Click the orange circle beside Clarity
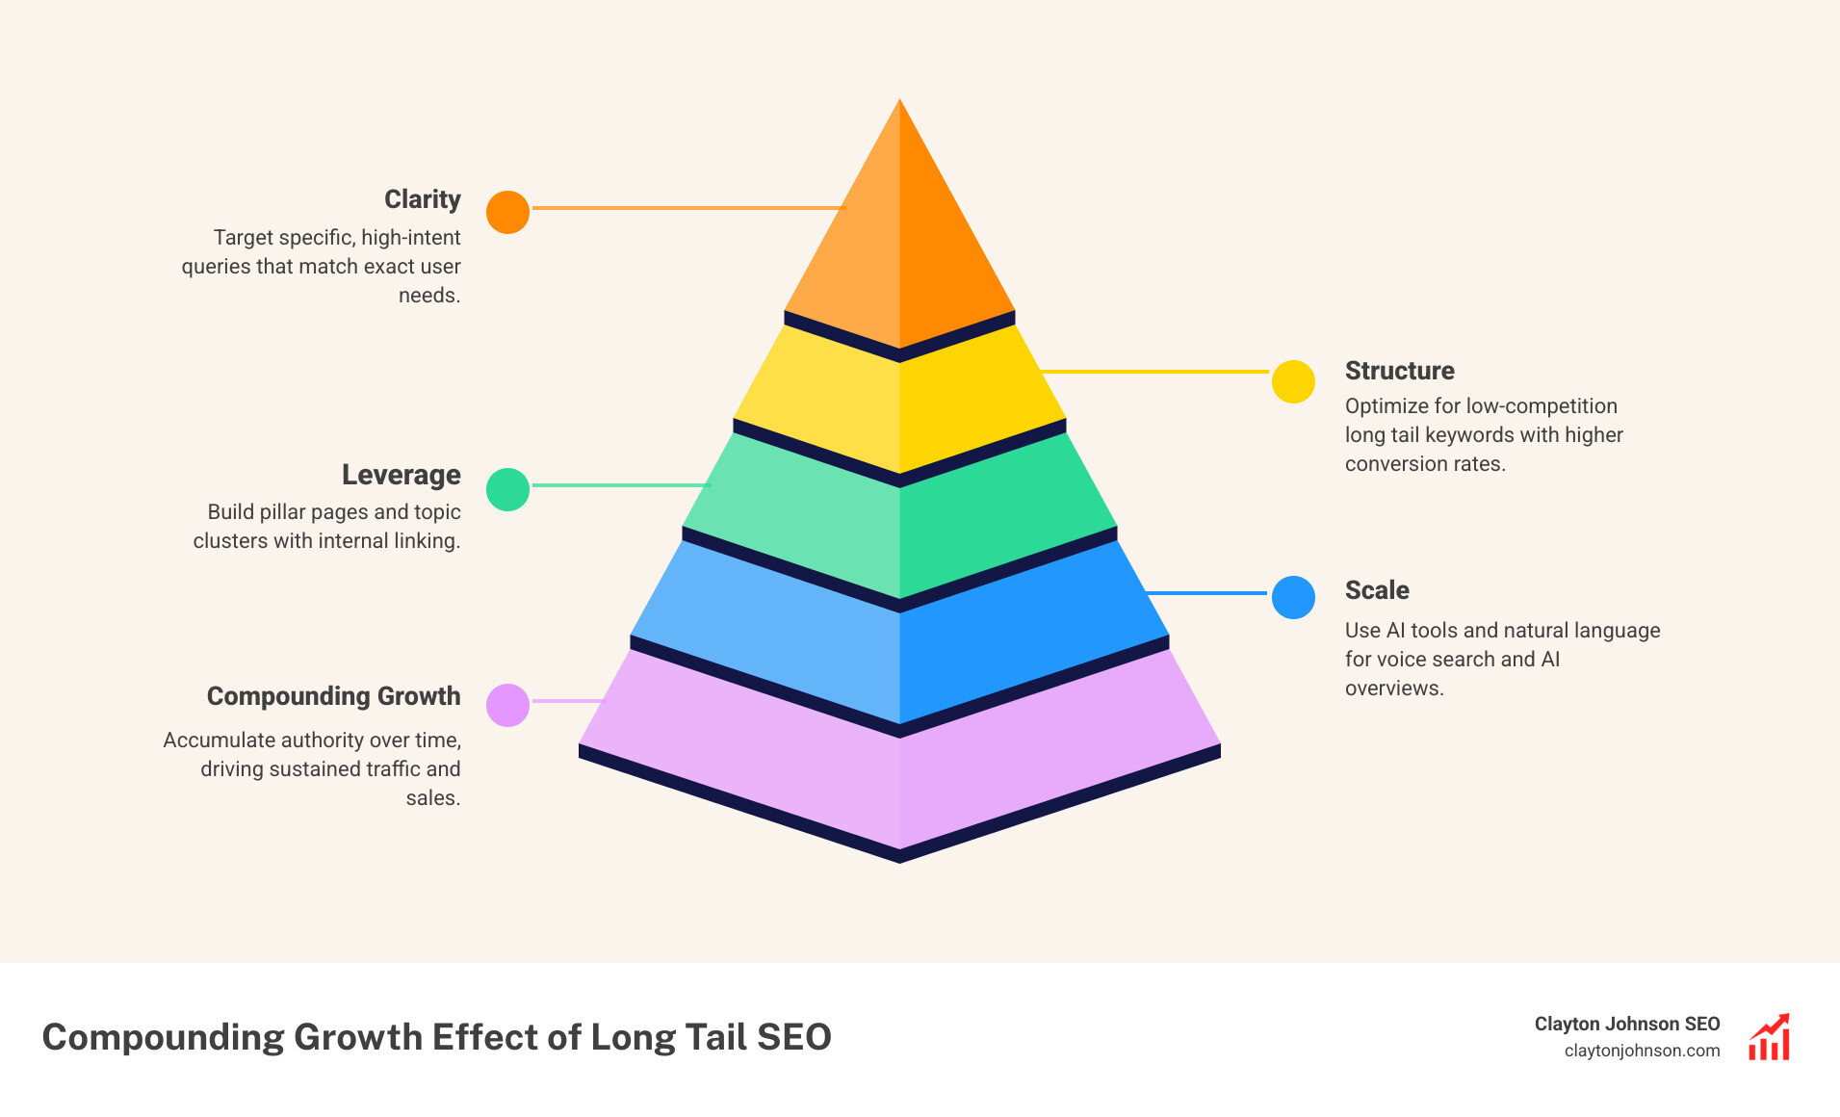[507, 212]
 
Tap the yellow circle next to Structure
[1293, 381]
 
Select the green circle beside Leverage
[507, 489]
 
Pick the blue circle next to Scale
[1293, 597]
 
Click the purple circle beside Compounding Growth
[507, 705]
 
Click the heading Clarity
[422, 199]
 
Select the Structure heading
[1399, 371]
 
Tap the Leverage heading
[401, 475]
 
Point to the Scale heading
[1377, 590]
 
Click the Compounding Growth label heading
[333, 696]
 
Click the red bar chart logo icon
[1769, 1037]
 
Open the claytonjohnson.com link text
[1642, 1051]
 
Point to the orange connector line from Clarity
[687, 208]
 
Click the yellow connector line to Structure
[1155, 371]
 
